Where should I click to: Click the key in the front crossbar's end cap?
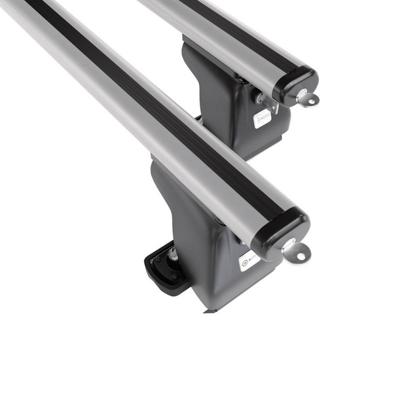(295, 250)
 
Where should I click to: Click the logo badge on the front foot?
(250, 259)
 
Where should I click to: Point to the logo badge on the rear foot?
(263, 117)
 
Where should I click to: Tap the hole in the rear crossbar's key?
(310, 100)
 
